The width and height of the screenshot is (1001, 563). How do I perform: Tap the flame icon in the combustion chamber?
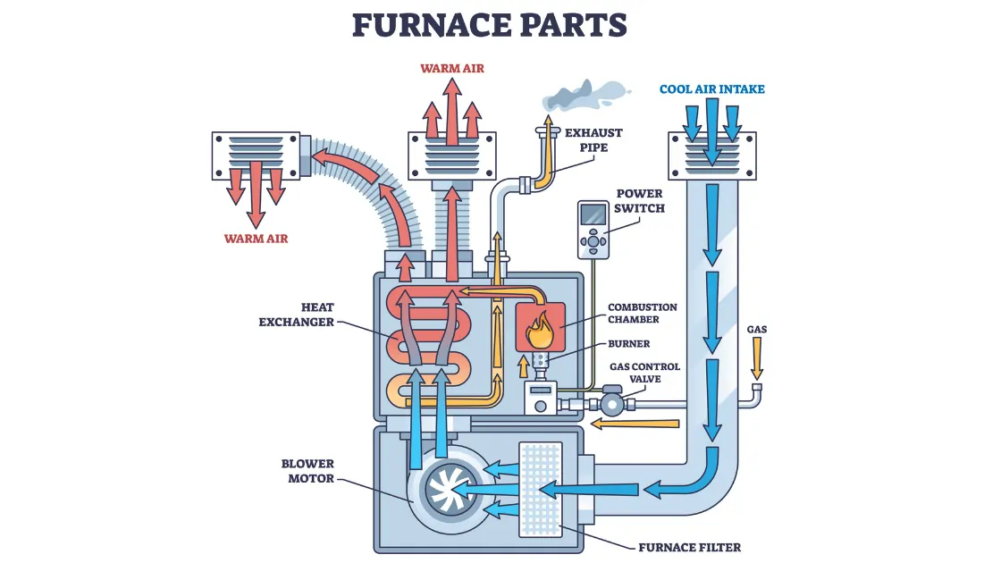tap(539, 331)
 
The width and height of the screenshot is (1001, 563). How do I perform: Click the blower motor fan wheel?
tap(445, 490)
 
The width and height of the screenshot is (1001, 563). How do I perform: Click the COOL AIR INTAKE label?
tap(711, 89)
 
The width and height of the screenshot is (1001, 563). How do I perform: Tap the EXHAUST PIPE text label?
tap(593, 140)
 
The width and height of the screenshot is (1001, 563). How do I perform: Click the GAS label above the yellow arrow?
tap(756, 330)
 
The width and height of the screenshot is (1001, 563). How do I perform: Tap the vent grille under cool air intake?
tap(711, 155)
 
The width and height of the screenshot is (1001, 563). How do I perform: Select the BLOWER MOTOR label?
tap(307, 471)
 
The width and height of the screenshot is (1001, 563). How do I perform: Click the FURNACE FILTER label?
tap(689, 547)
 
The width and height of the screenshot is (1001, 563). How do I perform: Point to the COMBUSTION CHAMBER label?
tap(642, 313)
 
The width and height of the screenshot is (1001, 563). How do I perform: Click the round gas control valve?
tap(611, 404)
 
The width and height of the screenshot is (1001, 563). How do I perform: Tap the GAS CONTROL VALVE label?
tap(643, 373)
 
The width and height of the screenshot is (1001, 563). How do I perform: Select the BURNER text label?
tap(628, 343)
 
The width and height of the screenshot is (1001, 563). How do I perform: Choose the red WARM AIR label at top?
tap(452, 68)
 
